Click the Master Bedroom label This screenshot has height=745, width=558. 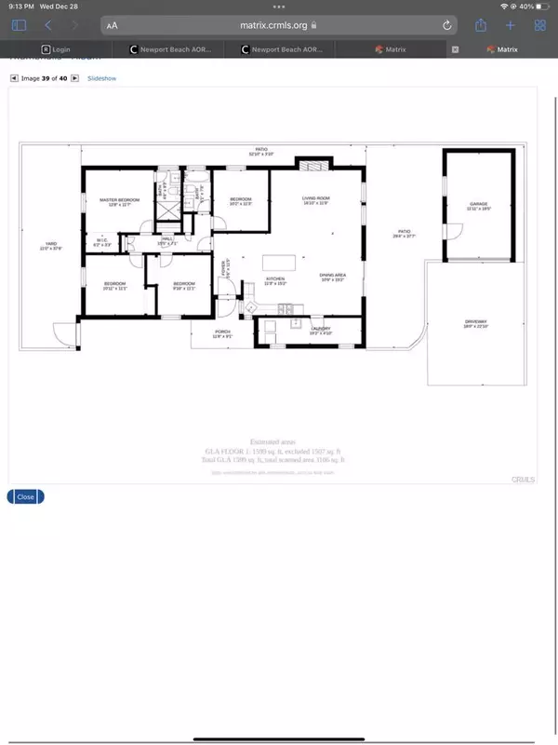[x=120, y=201]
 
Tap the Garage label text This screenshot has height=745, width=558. [x=479, y=205]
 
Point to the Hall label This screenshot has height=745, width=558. [x=167, y=240]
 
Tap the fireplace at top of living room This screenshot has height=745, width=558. [x=308, y=164]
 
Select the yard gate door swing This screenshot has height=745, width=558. [x=61, y=331]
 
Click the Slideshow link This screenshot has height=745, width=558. [x=102, y=79]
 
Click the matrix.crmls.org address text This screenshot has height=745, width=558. [x=276, y=26]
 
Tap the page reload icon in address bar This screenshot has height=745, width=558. [x=447, y=26]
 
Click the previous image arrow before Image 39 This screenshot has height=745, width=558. [x=13, y=79]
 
